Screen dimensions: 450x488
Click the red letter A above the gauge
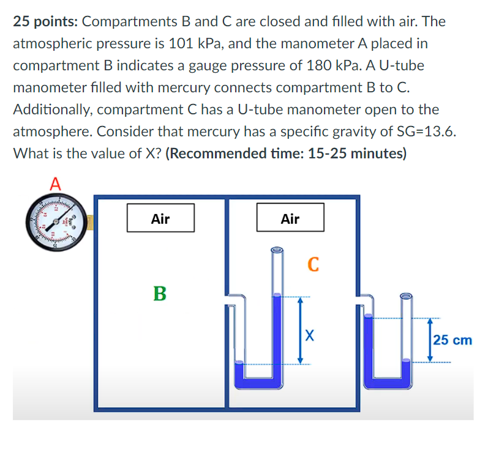click(56, 182)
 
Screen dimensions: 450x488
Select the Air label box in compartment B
click(160, 218)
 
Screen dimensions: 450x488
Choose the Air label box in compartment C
click(290, 218)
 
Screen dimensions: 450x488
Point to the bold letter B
click(159, 293)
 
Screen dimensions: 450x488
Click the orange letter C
click(313, 264)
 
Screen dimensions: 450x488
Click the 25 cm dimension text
click(452, 339)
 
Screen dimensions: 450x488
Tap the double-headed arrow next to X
click(300, 331)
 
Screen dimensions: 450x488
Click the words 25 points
click(45, 22)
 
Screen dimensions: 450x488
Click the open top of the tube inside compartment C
click(277, 249)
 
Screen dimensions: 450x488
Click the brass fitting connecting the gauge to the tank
click(89, 223)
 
